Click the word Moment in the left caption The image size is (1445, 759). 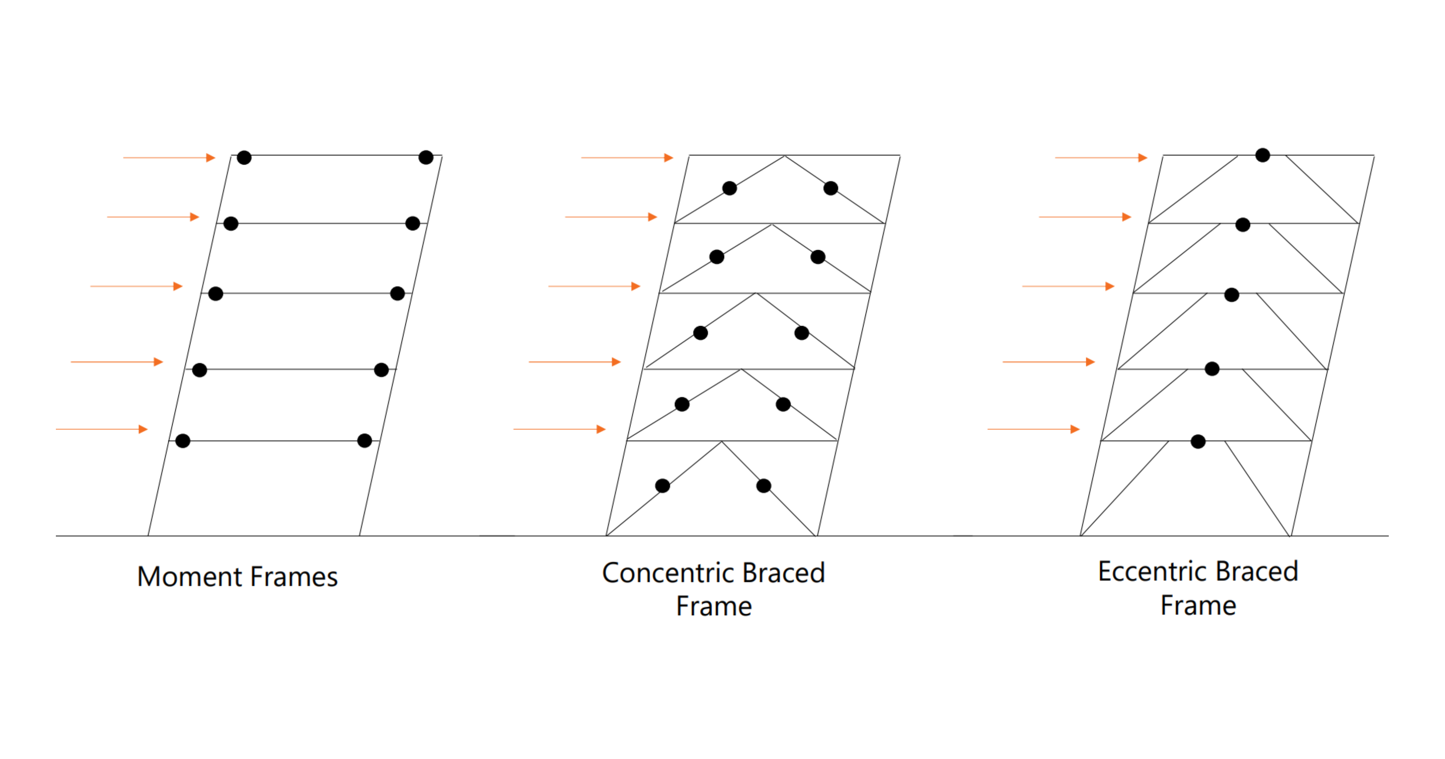pos(190,577)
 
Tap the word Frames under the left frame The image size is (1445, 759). pos(294,577)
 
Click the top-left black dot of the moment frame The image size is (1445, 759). pos(244,158)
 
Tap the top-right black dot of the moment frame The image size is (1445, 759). pos(426,158)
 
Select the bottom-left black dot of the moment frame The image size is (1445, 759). pos(183,441)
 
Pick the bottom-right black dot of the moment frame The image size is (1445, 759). pos(365,441)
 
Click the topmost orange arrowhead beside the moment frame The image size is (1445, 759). pos(211,158)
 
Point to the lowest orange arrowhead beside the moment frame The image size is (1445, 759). pos(143,429)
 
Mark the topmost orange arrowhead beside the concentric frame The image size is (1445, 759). pos(669,158)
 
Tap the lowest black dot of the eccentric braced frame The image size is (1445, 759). pos(1198,441)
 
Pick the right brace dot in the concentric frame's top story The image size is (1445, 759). pos(831,188)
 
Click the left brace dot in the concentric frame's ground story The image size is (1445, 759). pos(662,486)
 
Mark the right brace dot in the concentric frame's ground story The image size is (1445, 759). pos(763,486)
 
